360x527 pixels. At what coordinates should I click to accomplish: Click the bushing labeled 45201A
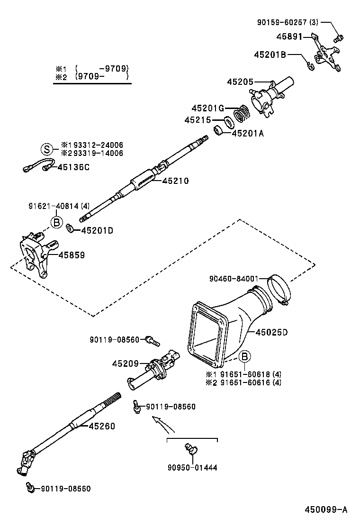218,130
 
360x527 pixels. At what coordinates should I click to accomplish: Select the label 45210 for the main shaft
175,181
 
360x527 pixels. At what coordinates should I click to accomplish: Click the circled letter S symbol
46,149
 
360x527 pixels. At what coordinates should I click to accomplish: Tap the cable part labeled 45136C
36,166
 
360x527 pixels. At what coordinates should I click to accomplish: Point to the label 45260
101,426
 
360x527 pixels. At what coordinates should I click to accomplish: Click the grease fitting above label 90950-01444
192,448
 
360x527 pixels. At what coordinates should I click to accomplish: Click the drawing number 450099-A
326,509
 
